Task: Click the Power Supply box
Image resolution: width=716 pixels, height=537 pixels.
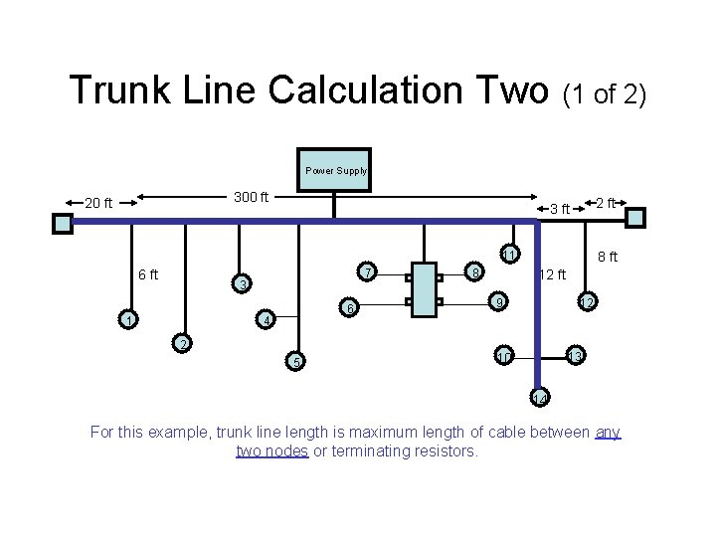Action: [x=335, y=170]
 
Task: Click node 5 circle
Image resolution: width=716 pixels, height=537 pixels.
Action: [x=294, y=361]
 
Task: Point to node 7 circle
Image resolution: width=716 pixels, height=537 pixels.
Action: [x=367, y=272]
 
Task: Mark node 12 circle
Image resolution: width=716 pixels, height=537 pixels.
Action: [x=588, y=301]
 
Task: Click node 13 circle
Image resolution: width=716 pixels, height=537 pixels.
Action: [x=575, y=356]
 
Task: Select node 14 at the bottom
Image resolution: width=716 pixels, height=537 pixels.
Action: [x=539, y=398]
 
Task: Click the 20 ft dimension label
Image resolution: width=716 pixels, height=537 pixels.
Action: [x=98, y=203]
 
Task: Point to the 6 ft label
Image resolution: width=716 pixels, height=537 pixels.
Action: [x=150, y=274]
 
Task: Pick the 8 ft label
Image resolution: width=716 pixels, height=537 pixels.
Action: [x=607, y=257]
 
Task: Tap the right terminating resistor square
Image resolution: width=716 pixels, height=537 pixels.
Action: [x=643, y=218]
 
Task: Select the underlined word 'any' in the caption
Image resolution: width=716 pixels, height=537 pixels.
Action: [x=608, y=433]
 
